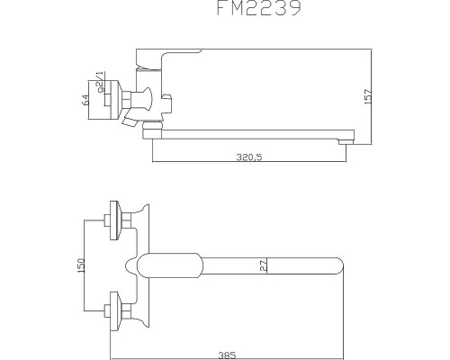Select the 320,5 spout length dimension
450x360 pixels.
[x=249, y=157]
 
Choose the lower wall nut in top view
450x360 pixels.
[x=112, y=310]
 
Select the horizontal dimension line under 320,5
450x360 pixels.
[x=249, y=163]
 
